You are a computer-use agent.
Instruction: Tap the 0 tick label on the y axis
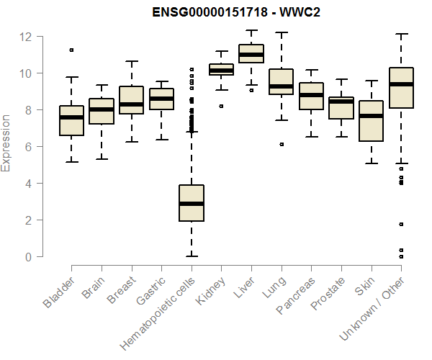click(x=27, y=256)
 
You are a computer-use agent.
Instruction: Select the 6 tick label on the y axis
click(x=27, y=147)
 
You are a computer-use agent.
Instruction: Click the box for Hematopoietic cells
click(x=192, y=203)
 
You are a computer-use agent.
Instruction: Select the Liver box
click(x=251, y=54)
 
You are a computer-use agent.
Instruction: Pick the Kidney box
click(x=221, y=70)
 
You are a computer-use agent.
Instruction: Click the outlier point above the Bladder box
click(x=71, y=50)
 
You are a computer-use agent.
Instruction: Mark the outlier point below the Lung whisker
click(x=281, y=144)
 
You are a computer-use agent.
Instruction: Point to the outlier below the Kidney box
click(x=221, y=106)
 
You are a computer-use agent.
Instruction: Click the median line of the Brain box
click(x=102, y=109)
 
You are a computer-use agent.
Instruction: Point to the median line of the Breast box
click(x=132, y=104)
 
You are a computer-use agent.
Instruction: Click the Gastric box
click(x=161, y=99)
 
